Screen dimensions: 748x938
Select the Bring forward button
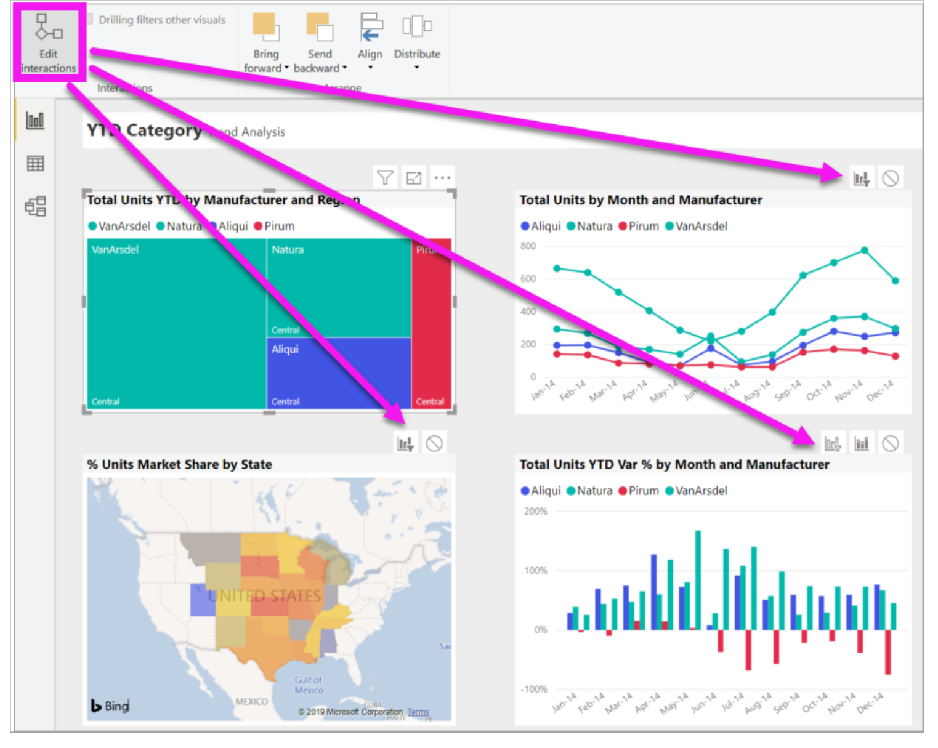coord(266,43)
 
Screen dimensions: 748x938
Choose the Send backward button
coord(320,43)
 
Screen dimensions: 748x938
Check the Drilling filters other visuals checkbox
coord(90,20)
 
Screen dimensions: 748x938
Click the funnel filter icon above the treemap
coord(385,178)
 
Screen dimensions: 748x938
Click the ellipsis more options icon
coord(442,178)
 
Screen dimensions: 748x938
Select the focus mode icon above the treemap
coord(414,178)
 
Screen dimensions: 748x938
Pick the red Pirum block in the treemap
coord(431,320)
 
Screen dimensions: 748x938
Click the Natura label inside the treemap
coord(288,250)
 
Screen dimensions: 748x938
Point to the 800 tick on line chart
coord(528,246)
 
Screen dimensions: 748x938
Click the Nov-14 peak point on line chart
coord(865,251)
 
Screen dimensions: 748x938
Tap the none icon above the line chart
coord(891,179)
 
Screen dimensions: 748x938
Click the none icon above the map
coord(434,443)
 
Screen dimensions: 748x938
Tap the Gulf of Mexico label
coord(308,685)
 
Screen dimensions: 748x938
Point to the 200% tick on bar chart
coord(535,511)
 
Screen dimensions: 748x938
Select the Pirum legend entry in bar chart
coord(639,491)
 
